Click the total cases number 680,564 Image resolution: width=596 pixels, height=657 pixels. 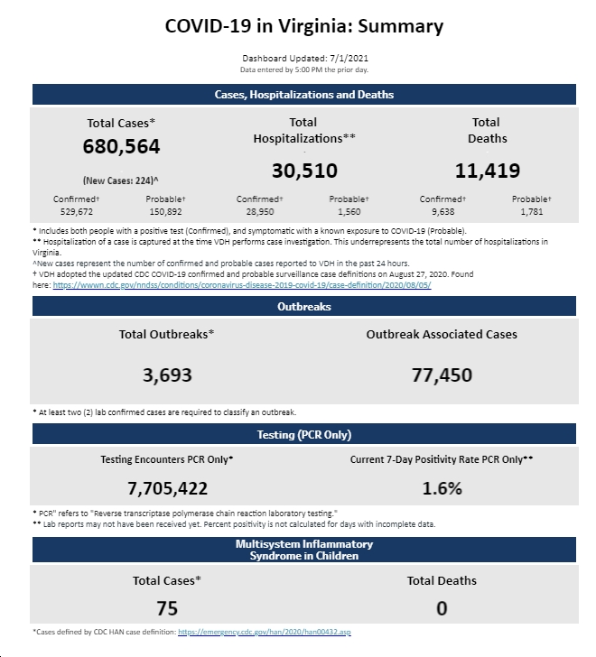point(121,146)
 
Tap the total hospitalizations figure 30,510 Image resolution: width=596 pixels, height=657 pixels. point(304,171)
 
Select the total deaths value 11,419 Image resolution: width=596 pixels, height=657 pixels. point(488,171)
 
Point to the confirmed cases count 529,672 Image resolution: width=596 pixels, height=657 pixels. point(76,211)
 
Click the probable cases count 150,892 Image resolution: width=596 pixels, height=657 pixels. point(165,211)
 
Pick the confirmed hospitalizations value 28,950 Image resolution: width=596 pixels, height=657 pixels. point(260,211)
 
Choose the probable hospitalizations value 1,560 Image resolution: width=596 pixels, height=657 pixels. point(349,211)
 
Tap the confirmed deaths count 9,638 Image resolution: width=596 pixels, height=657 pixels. point(443,211)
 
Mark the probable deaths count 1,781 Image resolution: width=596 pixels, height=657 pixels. point(532,211)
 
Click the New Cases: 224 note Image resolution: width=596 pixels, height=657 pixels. point(121,180)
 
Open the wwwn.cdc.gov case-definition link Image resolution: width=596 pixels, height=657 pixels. point(242,285)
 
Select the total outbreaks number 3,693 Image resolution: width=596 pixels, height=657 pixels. point(167,375)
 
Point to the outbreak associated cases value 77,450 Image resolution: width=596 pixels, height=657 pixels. point(442,375)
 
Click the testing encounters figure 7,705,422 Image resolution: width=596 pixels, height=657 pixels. point(167,488)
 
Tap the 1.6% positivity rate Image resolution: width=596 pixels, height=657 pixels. point(442,488)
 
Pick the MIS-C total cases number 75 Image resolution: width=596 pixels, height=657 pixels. point(167,608)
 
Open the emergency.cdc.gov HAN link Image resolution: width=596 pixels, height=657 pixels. point(265,632)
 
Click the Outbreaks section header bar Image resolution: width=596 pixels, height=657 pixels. point(304,306)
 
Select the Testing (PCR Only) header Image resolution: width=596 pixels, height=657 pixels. point(304,434)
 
